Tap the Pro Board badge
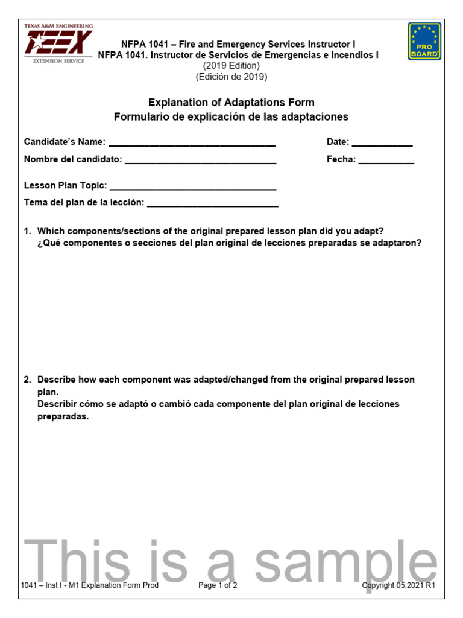(x=424, y=41)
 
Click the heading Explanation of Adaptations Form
(x=231, y=103)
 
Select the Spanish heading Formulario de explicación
(x=231, y=117)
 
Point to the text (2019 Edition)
(x=231, y=66)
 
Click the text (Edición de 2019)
(x=231, y=77)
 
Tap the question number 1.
(x=27, y=231)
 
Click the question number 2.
(x=27, y=380)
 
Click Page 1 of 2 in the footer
(x=218, y=585)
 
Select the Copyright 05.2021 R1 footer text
(x=398, y=585)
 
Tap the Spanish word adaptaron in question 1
(x=398, y=243)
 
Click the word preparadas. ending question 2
(x=63, y=416)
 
